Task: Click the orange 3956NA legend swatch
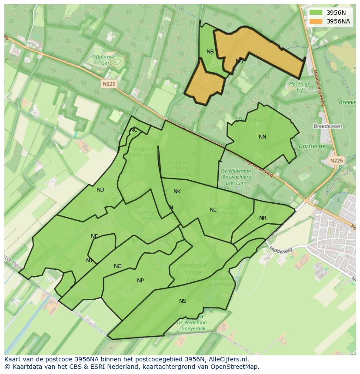tap(316, 21)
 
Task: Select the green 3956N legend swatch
tap(316, 13)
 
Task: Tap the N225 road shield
tap(109, 84)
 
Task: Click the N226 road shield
tap(336, 161)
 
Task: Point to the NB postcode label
tap(210, 52)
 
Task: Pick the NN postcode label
tap(263, 137)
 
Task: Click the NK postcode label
tap(177, 192)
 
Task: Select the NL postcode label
tap(213, 210)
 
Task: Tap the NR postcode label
tap(263, 218)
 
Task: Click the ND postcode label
tap(100, 190)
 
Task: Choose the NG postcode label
tap(118, 266)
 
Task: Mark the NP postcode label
tap(140, 281)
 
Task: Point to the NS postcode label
tap(183, 301)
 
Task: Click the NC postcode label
tap(133, 130)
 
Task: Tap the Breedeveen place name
tap(328, 126)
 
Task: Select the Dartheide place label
tap(312, 146)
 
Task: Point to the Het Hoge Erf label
tap(300, 86)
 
